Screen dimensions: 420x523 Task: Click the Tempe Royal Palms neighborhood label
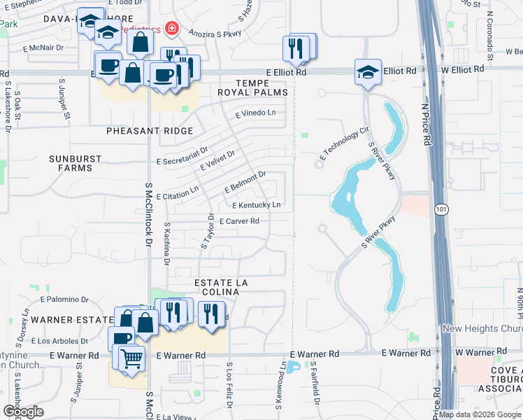[243, 87]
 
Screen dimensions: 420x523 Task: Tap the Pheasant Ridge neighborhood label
[144, 131]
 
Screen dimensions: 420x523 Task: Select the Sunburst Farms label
[75, 163]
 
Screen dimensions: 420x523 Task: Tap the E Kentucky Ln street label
[257, 205]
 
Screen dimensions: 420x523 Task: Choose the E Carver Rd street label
[239, 221]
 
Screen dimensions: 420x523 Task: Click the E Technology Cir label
[343, 143]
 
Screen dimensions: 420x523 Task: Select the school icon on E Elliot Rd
[368, 71]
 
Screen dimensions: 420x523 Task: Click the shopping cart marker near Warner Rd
[131, 359]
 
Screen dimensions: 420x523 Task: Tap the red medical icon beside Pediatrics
[171, 30]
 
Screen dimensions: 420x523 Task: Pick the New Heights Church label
[482, 329]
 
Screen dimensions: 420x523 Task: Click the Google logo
[23, 412]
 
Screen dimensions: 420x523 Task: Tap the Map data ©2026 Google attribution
[480, 414]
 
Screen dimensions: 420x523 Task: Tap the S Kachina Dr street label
[167, 244]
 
